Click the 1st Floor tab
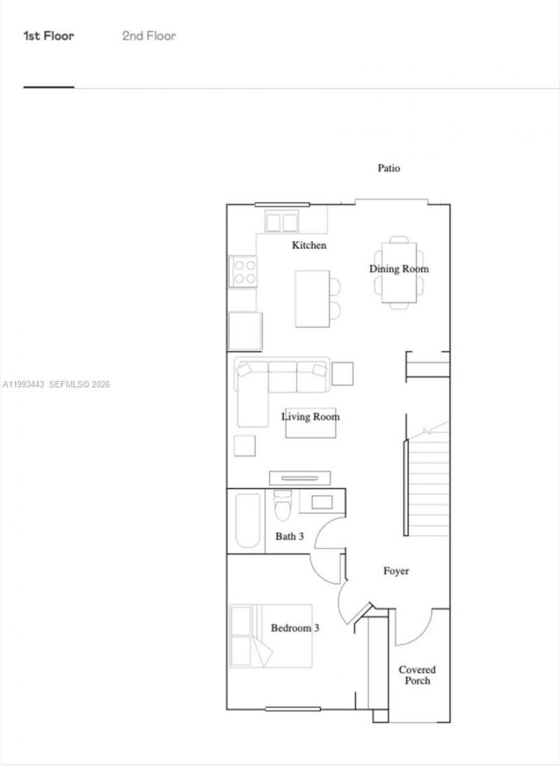point(48,36)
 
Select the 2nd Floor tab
point(149,36)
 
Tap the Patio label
point(389,168)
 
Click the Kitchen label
point(309,245)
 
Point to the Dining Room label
point(399,269)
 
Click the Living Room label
point(311,417)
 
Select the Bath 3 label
point(289,537)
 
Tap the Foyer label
point(396,571)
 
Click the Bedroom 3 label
point(295,628)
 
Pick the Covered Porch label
point(417,675)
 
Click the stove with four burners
point(244,271)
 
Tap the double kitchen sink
point(282,222)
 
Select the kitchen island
point(311,298)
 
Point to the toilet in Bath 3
point(283,508)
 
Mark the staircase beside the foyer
point(428,483)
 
